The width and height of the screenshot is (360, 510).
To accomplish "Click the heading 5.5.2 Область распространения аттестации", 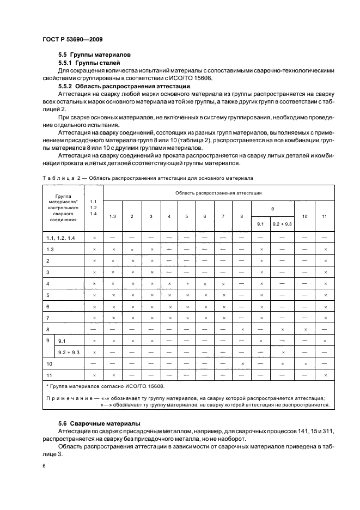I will point(124,86).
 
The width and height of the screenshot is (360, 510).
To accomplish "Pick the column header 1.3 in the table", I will point(113,216).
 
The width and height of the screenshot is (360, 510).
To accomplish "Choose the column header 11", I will point(325,216).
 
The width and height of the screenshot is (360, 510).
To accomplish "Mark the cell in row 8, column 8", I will point(241,329).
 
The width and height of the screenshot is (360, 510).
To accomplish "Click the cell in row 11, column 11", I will point(325,375).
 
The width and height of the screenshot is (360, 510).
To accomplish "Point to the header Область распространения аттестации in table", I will point(218,193).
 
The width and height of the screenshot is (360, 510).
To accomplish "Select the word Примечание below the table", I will point(68,398).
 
